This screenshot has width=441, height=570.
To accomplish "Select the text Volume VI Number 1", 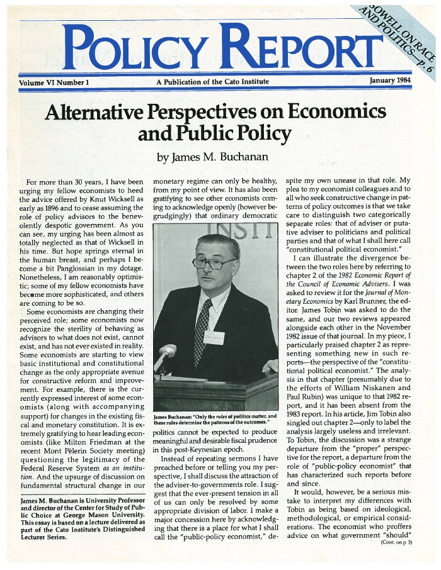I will (54, 82).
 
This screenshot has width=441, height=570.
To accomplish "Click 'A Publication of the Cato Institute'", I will (212, 82).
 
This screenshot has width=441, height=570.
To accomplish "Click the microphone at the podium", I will (167, 352).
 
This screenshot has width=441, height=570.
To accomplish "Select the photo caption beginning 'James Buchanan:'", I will (214, 419).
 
